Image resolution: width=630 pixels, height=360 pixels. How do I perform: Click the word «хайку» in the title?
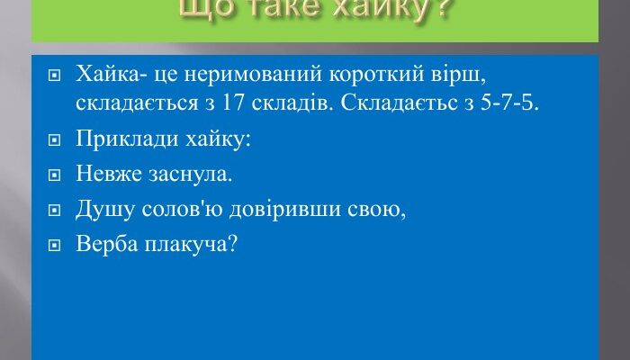pos(393,12)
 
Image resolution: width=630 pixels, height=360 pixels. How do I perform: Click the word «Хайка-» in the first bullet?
pos(106,73)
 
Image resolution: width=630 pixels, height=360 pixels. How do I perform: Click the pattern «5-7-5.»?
pos(514,103)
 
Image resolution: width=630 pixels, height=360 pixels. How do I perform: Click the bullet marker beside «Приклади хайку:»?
pos(56,141)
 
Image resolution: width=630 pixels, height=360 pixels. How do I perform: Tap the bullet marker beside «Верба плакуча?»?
pos(56,246)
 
